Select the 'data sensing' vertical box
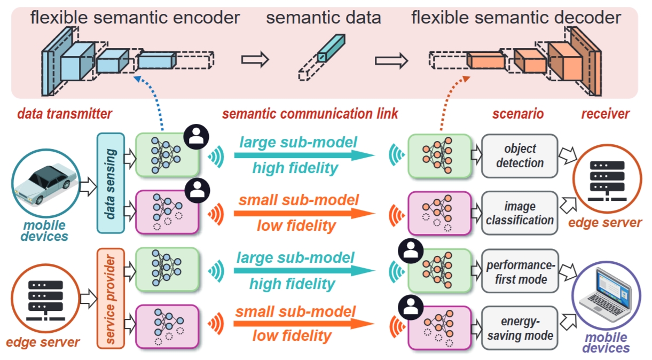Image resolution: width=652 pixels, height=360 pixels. pyautogui.click(x=110, y=183)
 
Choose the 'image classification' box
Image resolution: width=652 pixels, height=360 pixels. pyautogui.click(x=519, y=213)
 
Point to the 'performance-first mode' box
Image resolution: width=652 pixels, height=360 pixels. pyautogui.click(x=519, y=271)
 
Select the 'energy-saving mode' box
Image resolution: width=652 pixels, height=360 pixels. pyautogui.click(x=519, y=328)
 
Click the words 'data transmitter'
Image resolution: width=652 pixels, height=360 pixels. pyautogui.click(x=65, y=114)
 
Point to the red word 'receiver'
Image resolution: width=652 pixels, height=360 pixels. pyautogui.click(x=605, y=114)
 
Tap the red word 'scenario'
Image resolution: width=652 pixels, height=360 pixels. pyautogui.click(x=517, y=114)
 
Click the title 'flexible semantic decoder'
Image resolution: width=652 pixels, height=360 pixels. pyautogui.click(x=516, y=18)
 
